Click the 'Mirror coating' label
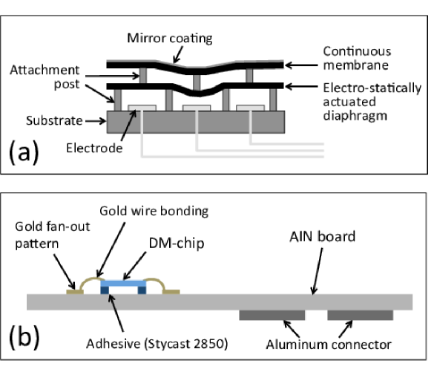point(170,39)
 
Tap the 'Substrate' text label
point(54,121)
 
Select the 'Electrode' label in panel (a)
point(94,149)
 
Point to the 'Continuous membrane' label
point(357,59)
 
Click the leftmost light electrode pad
point(142,108)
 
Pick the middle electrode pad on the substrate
point(197,108)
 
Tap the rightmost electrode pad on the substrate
point(251,108)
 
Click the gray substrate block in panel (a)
point(196,123)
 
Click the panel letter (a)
point(24,152)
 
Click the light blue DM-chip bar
point(123,284)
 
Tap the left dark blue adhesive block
point(105,290)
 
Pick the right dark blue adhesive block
point(142,290)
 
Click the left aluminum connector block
point(272,315)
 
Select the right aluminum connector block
point(361,315)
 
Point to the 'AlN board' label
point(323,237)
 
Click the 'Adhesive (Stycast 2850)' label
point(157,344)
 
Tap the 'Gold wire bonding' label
point(154,212)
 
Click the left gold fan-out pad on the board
point(75,292)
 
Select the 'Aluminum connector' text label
point(329,345)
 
